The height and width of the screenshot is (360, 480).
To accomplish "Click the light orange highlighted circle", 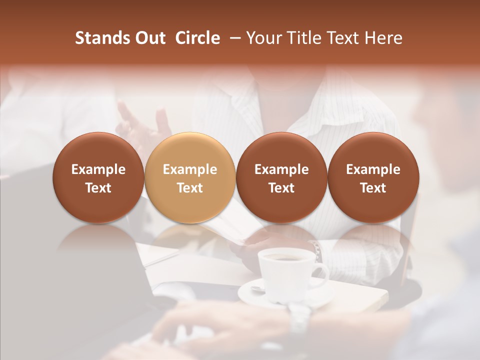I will click(x=190, y=177).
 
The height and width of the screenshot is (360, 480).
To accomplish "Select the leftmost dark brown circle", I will click(x=98, y=177).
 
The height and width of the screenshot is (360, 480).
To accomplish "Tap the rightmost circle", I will click(x=373, y=177).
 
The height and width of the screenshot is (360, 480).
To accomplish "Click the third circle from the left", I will click(x=281, y=177).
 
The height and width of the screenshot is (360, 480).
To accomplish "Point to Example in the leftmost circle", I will click(x=98, y=169).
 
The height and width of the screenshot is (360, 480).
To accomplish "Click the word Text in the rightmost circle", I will click(x=373, y=188).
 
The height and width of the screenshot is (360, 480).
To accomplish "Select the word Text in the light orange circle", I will click(x=190, y=188).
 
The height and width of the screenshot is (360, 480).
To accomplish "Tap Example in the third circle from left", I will click(x=281, y=169).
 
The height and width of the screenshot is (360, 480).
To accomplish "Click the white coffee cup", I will click(x=285, y=272).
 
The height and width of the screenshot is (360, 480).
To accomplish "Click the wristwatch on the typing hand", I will click(x=300, y=318).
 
